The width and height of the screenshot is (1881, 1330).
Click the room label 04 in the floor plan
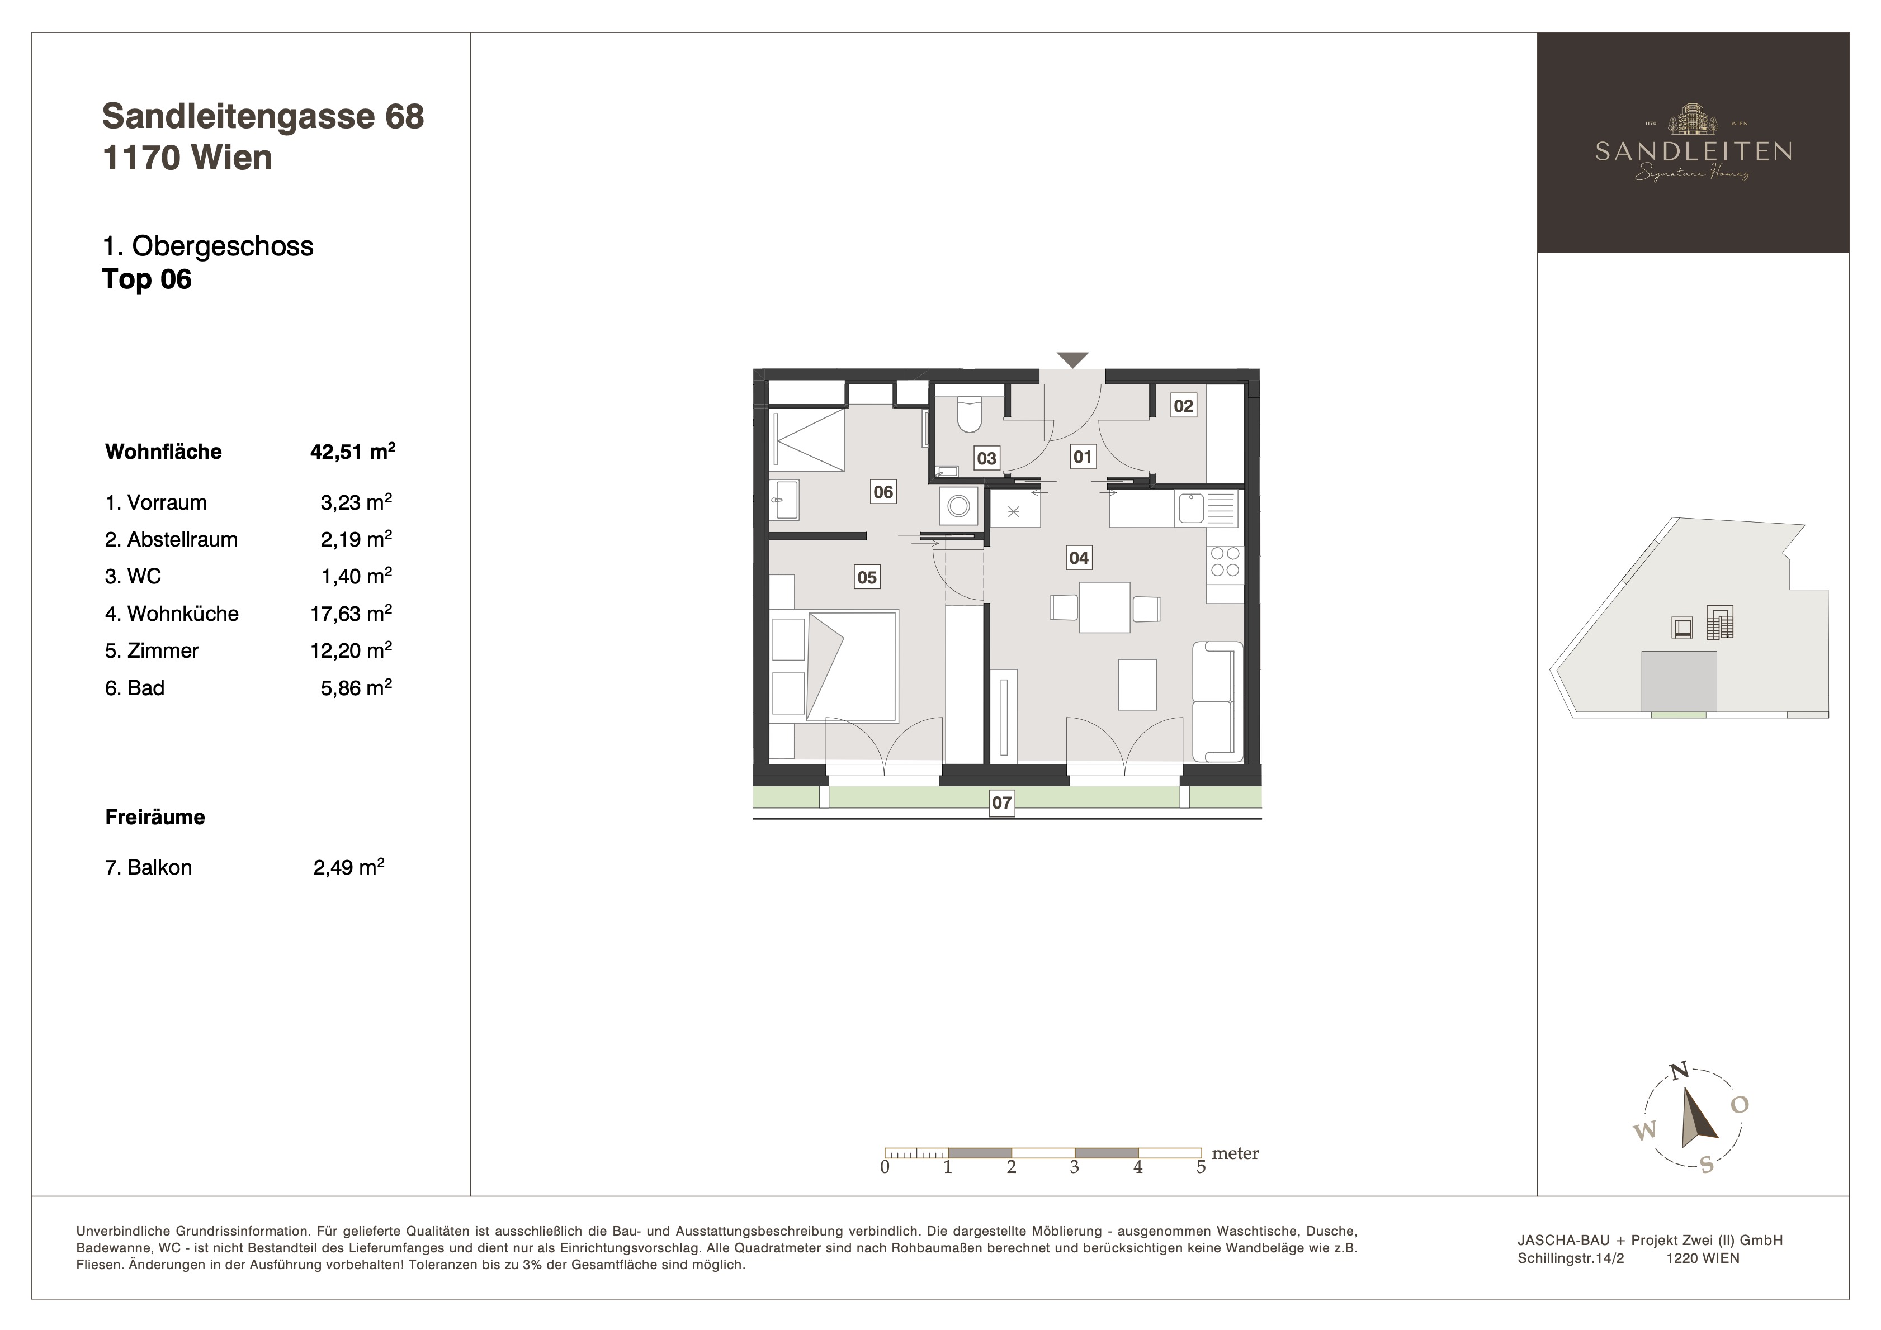[1079, 558]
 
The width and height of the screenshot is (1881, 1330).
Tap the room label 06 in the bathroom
[883, 491]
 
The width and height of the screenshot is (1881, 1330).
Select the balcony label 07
[1002, 802]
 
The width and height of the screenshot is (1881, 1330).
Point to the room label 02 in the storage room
[1184, 405]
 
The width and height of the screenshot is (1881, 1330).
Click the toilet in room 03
[970, 415]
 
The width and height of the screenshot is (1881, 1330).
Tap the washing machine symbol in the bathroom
[958, 505]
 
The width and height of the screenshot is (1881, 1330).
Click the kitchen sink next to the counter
[1190, 508]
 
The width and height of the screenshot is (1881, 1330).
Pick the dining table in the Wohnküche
[1104, 607]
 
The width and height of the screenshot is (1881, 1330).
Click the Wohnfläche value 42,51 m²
[352, 452]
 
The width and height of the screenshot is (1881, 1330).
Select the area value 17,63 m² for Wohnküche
[351, 614]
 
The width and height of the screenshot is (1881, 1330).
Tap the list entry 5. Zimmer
[152, 651]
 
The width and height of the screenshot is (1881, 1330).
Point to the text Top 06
[146, 279]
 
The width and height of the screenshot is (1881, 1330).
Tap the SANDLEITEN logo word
[1693, 151]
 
